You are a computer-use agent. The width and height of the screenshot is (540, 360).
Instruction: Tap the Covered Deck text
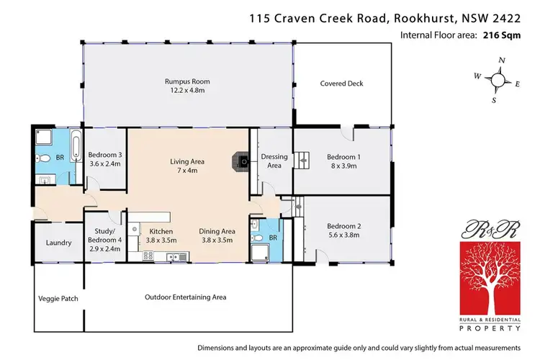pyautogui.click(x=341, y=84)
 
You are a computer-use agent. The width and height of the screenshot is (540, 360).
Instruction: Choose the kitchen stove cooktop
pyautogui.click(x=149, y=255)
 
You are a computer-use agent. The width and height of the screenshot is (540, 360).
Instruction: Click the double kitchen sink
pyautogui.click(x=173, y=256)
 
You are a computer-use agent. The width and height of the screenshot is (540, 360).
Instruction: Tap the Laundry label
pyautogui.click(x=58, y=243)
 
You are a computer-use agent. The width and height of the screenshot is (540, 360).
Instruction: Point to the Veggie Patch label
pyautogui.click(x=58, y=298)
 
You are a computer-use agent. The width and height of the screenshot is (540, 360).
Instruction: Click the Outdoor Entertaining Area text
pyautogui.click(x=185, y=297)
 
